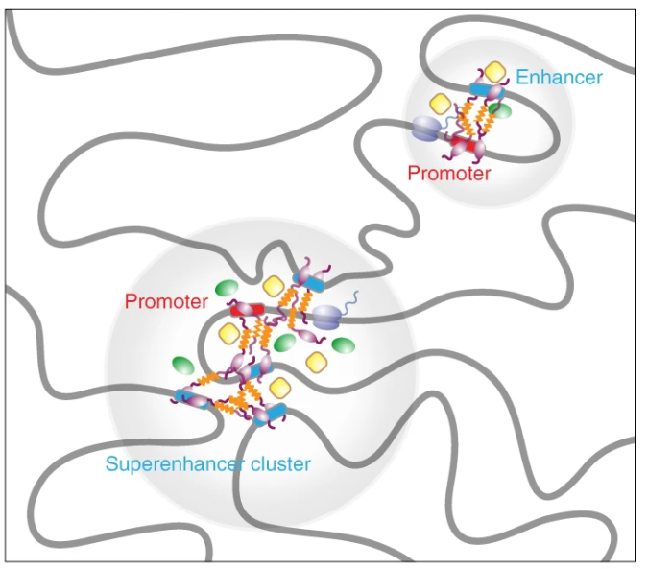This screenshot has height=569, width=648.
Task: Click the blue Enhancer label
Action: [x=559, y=77]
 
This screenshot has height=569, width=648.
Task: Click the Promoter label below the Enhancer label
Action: [x=448, y=174]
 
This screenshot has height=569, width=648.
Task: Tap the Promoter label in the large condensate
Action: [x=166, y=301]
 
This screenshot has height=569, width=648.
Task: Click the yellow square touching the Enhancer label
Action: [x=494, y=71]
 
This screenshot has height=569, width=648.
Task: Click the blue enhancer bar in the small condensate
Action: [x=479, y=89]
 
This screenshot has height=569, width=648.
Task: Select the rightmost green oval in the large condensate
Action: [x=344, y=344]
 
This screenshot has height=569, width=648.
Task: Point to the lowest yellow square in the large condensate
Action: [x=279, y=387]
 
